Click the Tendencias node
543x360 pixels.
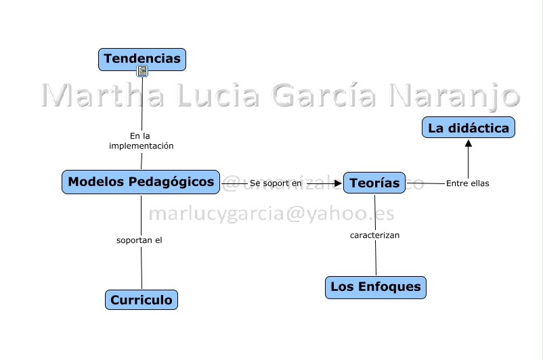tap(142, 59)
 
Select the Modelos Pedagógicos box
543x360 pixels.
tap(141, 182)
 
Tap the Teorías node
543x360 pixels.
tap(374, 183)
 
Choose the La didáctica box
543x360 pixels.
tap(469, 127)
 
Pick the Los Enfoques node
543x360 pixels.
tap(375, 287)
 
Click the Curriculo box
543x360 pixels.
tap(142, 300)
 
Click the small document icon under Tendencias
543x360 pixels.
tap(142, 71)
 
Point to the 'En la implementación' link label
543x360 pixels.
tap(142, 141)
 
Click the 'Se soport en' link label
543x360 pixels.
tap(276, 183)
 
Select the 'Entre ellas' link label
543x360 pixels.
tap(467, 183)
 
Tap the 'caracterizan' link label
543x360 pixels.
tap(374, 235)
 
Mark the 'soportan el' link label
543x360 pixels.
tap(139, 240)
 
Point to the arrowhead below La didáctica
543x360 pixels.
tap(468, 143)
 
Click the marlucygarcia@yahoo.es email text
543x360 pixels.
tap(271, 213)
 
